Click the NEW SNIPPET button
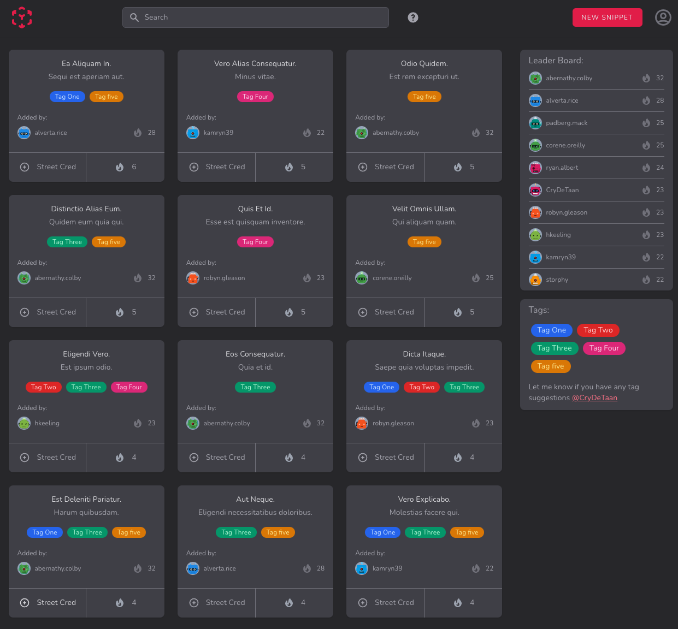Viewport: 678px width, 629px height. click(607, 17)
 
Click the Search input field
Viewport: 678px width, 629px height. click(255, 17)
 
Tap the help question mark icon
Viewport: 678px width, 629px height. click(413, 17)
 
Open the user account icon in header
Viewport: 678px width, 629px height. click(663, 17)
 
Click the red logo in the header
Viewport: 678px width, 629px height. click(22, 17)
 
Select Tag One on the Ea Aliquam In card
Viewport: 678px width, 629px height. click(67, 97)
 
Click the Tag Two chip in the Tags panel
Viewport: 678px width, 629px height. click(598, 330)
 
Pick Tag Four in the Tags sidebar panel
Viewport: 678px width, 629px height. click(604, 348)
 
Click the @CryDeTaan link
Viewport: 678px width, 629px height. click(594, 398)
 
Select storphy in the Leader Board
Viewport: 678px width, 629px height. click(557, 280)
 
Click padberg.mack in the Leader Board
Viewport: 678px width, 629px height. click(567, 123)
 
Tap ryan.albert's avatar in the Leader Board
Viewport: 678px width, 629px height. click(535, 168)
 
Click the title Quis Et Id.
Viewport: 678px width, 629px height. click(255, 209)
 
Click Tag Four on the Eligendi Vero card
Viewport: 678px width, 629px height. click(129, 387)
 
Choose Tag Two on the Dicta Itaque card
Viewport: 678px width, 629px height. click(422, 387)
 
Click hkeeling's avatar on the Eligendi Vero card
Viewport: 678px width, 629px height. click(24, 423)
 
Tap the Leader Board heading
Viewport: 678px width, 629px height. click(556, 61)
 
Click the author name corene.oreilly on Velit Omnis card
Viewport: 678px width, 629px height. click(392, 278)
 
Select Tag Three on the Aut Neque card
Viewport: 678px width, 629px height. click(236, 532)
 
